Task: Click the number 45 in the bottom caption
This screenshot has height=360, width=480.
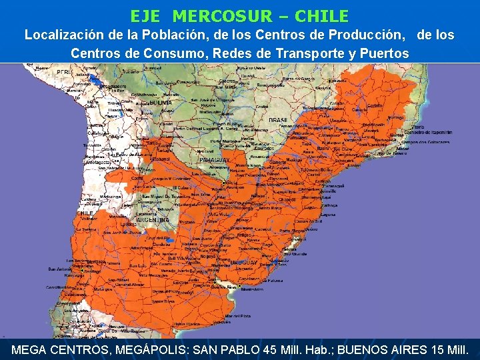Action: (x=273, y=349)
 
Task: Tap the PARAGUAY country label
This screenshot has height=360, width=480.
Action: (x=215, y=161)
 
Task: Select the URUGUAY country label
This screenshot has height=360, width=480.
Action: (x=243, y=263)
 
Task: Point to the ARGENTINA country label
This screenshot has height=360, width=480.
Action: (x=151, y=219)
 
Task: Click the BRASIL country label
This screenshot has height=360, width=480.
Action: (x=278, y=120)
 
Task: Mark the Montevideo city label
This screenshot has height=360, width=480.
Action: (x=251, y=289)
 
